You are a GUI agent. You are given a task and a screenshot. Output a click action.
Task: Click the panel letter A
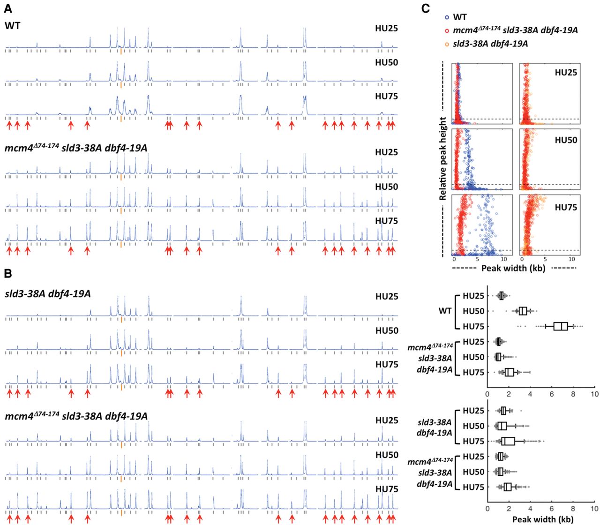coord(8,8)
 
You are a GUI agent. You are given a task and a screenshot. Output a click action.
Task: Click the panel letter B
coord(8,274)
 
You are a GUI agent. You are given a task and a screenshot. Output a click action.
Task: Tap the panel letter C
coord(426,8)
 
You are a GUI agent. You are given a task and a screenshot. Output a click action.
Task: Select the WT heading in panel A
coord(13,25)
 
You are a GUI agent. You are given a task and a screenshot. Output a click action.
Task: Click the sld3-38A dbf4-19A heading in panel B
coord(48,294)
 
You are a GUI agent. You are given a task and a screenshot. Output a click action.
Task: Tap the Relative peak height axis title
coord(443,159)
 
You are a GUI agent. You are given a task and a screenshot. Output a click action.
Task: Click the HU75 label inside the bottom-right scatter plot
coord(566,207)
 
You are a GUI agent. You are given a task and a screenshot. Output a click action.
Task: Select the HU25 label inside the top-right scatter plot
coord(566,72)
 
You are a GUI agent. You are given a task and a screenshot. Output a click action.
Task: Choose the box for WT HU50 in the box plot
coord(523,311)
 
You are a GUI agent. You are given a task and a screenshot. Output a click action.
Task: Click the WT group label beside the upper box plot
coord(445,311)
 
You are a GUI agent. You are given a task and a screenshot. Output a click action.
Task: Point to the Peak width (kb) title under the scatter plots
coord(513,268)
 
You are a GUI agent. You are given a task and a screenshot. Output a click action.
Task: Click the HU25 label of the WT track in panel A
coord(386,28)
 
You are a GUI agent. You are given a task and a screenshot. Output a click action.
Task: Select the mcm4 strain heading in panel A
coord(76,149)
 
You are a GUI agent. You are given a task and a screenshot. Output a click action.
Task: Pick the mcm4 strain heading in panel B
coord(76,416)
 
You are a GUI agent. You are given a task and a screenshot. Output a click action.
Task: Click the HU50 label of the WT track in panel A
coord(386,62)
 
